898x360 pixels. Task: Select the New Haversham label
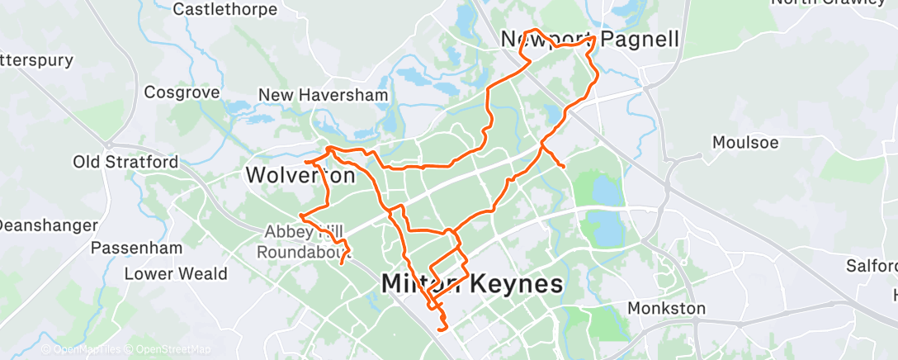click(x=323, y=96)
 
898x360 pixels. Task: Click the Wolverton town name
click(x=300, y=176)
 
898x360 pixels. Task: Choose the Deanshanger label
click(x=48, y=225)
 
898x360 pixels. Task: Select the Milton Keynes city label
click(x=472, y=285)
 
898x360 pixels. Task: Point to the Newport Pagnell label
click(x=590, y=40)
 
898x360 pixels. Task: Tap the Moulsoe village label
click(x=745, y=142)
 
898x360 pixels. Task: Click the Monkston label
click(x=666, y=309)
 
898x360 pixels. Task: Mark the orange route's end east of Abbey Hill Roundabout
click(x=342, y=263)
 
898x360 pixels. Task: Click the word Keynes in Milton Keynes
click(x=516, y=285)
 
